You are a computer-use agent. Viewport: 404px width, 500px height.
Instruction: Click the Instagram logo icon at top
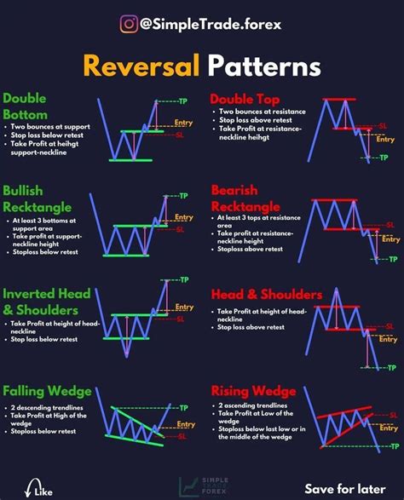tap(130, 24)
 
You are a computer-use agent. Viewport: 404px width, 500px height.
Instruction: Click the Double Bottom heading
tap(26, 105)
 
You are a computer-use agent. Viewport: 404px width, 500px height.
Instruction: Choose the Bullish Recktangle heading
tap(37, 198)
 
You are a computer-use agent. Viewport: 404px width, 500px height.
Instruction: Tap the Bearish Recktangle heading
tap(247, 198)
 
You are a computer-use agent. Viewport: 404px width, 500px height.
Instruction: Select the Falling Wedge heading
tap(47, 391)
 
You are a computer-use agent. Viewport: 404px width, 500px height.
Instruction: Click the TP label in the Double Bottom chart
tap(182, 102)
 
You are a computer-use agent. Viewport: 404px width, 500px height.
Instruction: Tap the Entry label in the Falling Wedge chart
tap(182, 423)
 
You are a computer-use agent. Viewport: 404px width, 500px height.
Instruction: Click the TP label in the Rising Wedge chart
tap(394, 445)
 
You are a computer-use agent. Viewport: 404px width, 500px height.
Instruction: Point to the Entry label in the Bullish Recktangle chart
tap(184, 218)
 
